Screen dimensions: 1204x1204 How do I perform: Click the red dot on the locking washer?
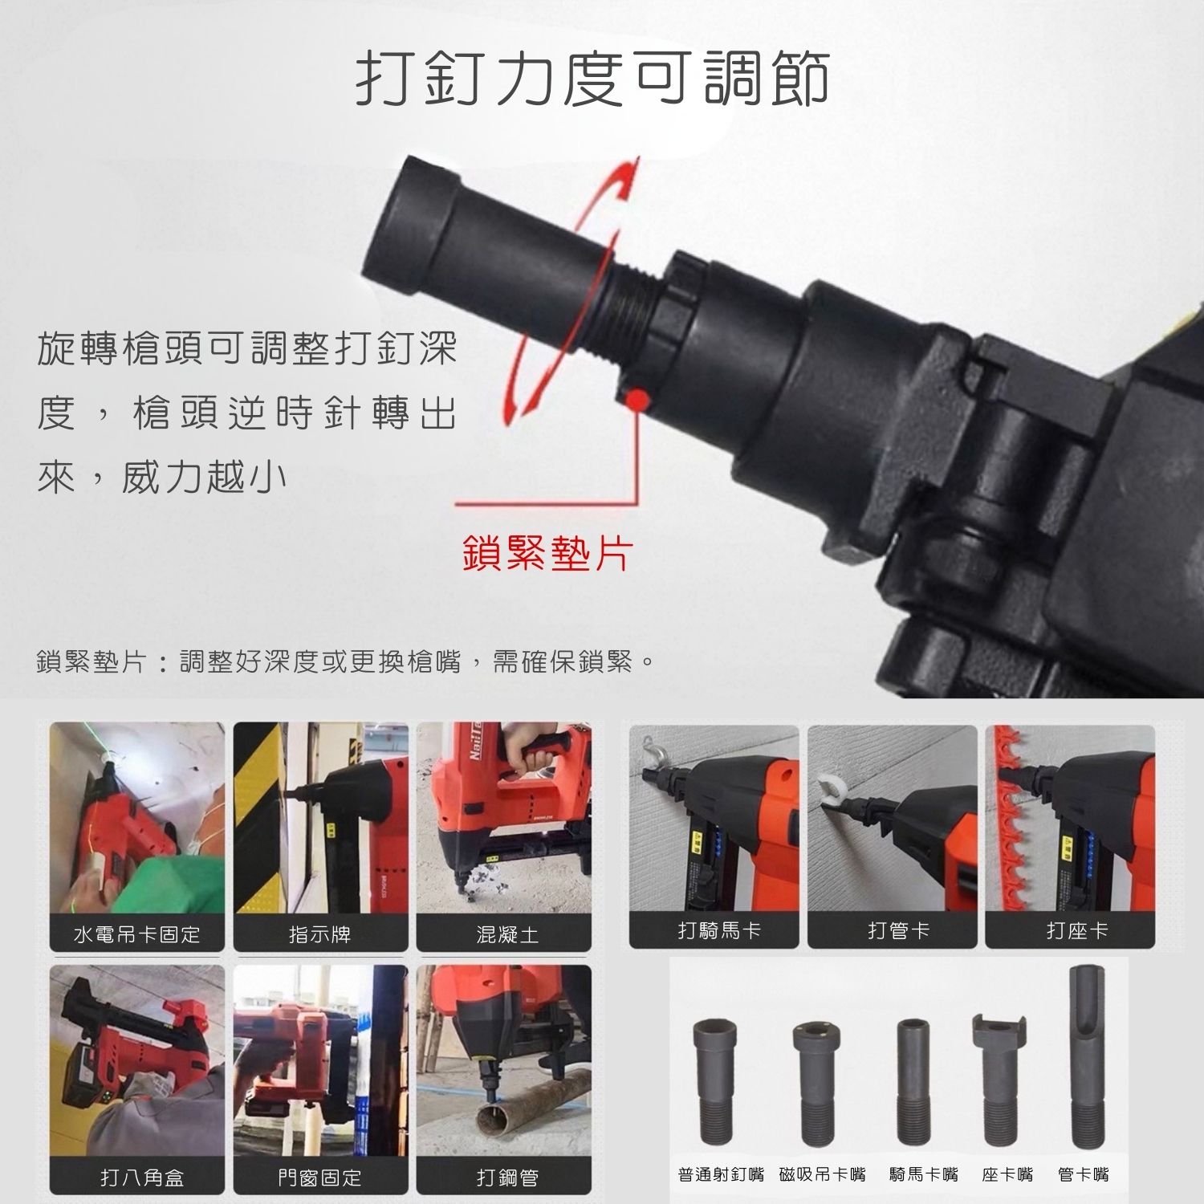tap(637, 399)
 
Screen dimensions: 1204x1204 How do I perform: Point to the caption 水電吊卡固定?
tap(136, 934)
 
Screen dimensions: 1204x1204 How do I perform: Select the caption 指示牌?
tap(320, 934)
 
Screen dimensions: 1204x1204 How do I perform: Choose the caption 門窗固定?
tap(319, 1178)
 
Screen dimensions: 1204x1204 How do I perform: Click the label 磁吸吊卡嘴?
tap(823, 1175)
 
